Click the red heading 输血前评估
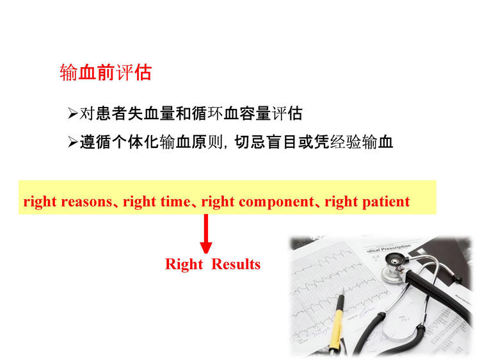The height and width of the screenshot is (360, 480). coord(106,72)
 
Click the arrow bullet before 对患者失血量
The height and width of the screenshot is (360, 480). coord(73,113)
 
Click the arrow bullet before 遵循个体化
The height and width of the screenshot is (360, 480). coord(73,142)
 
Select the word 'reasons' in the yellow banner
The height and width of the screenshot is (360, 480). coord(86,202)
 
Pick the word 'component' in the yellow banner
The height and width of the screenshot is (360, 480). coord(276,202)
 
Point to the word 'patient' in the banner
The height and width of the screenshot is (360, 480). coord(386,202)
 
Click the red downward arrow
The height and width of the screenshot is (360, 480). coord(206,233)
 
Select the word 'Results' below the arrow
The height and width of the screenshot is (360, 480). coord(236,264)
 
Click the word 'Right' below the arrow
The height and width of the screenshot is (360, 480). coord(184,265)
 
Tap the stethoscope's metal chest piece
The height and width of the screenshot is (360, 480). coord(395,267)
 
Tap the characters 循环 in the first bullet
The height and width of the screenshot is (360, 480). coord(207,113)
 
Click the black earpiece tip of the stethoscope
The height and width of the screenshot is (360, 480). coord(458,279)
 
